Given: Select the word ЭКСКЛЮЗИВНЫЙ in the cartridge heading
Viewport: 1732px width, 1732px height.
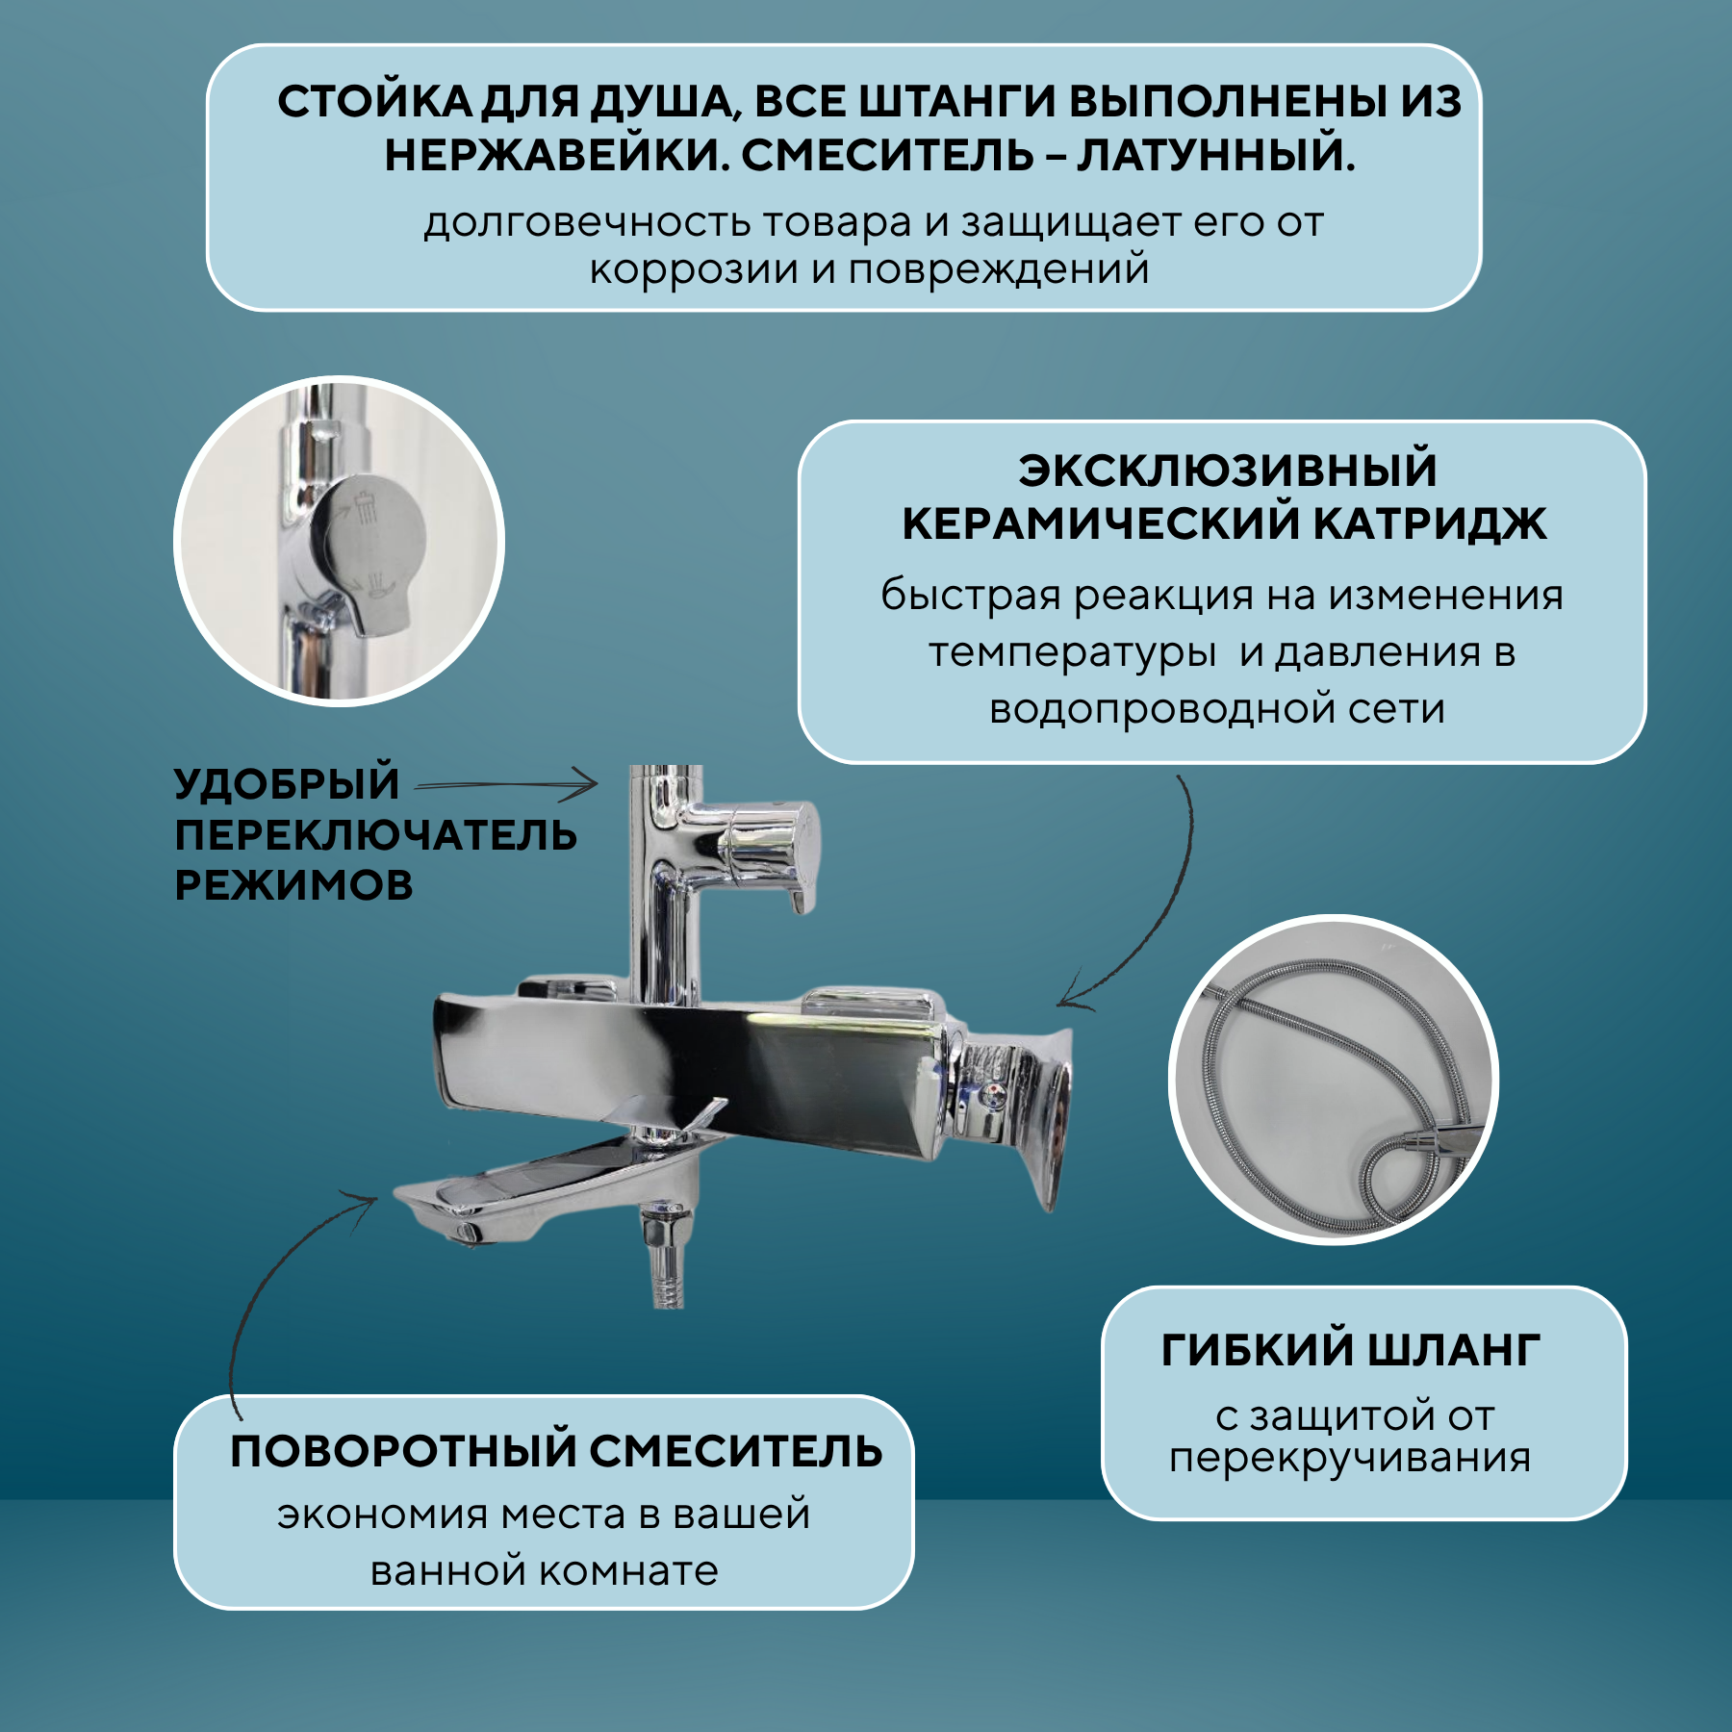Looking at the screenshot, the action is [x=1228, y=471].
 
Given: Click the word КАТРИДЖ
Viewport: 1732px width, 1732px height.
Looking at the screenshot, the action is [x=1430, y=524].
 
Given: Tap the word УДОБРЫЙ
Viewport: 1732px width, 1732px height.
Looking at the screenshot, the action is [x=287, y=783].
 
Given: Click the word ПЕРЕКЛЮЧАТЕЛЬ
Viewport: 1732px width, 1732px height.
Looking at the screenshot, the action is [x=375, y=835].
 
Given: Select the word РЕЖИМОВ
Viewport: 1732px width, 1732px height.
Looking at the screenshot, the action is [x=293, y=885].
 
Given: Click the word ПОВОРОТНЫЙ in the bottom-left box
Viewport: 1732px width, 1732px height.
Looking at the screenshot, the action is [x=402, y=1451].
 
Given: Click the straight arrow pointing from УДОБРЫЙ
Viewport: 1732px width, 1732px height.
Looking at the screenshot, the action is [x=506, y=784].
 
